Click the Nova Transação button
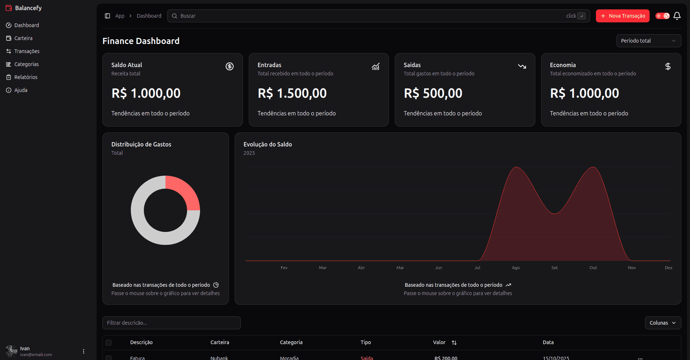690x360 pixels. [x=623, y=16]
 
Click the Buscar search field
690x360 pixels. [x=379, y=16]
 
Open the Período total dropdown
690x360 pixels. [x=649, y=41]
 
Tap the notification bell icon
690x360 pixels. [x=677, y=16]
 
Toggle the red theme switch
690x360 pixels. [x=663, y=16]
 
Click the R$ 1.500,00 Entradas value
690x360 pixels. [x=292, y=93]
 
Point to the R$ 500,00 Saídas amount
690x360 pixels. [x=433, y=93]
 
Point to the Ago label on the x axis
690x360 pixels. [x=516, y=268]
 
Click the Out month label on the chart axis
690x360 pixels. [x=593, y=268]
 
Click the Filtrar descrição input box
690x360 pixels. [x=172, y=323]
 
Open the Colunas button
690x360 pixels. [x=663, y=323]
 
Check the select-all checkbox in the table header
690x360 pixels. [x=109, y=343]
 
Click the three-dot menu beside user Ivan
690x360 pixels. [x=84, y=351]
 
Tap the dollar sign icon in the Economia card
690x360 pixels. [x=668, y=66]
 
